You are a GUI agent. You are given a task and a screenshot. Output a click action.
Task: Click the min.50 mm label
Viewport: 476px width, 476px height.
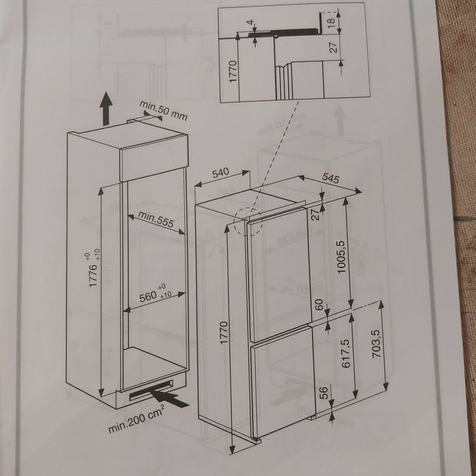tap(163, 110)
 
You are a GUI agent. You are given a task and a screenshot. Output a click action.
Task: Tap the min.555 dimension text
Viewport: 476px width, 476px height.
tap(156, 219)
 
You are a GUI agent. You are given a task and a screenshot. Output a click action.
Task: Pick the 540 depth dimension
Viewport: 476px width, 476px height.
tap(221, 173)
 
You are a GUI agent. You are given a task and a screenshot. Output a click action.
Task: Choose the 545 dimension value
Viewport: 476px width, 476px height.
tap(330, 178)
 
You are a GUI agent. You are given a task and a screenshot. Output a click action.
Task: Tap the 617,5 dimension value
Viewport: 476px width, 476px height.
tap(345, 354)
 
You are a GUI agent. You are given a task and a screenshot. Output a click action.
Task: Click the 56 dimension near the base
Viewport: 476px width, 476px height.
tap(324, 392)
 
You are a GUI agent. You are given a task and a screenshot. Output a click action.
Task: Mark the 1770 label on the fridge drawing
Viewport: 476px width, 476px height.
tap(224, 333)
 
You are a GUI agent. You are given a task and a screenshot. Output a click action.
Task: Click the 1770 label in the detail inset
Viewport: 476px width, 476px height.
tap(233, 71)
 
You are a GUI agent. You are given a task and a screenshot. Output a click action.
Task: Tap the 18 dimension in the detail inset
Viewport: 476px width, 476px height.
tap(331, 21)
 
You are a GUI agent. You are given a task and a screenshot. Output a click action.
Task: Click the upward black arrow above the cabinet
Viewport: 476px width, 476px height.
tap(106, 109)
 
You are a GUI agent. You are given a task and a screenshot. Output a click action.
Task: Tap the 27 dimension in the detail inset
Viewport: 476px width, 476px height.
tap(333, 48)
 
